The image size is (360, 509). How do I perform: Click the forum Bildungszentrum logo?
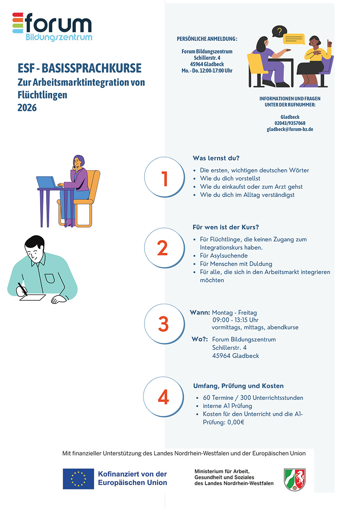tap(52, 27)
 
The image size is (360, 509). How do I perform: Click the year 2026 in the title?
tap(27, 107)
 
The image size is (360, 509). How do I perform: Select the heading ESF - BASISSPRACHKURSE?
tap(80, 68)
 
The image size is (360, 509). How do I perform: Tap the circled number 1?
tap(165, 177)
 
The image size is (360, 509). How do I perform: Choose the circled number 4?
tap(164, 397)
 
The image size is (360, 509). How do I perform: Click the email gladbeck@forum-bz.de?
tap(290, 129)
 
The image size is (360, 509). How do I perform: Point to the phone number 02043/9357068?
tap(290, 123)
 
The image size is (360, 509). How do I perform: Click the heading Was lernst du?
tap(216, 158)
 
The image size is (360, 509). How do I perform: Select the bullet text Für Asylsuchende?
tap(224, 255)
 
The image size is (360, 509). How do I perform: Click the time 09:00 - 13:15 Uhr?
tap(236, 320)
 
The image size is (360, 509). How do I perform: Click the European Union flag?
tap(78, 479)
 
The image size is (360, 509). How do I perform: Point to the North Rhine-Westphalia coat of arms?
tap(295, 479)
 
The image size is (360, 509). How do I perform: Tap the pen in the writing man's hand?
tap(23, 288)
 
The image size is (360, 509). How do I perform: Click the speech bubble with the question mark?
tap(279, 31)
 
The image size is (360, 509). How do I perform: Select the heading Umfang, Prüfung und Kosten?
tap(239, 386)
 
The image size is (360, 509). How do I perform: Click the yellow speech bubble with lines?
tap(294, 39)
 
